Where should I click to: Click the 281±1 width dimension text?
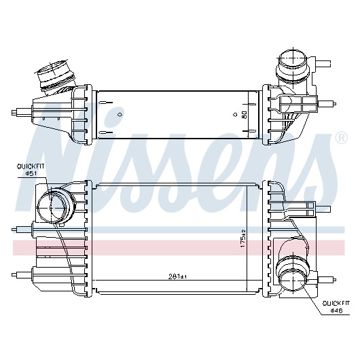[177, 277]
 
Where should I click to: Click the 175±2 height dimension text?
[243, 238]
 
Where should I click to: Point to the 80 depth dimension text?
[244, 115]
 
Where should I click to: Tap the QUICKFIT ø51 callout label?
[31, 170]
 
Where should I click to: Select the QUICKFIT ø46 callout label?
[336, 307]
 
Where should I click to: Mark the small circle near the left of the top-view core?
[120, 114]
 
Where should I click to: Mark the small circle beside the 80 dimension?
[235, 114]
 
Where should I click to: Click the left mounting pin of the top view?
[22, 113]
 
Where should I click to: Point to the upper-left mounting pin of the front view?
[22, 229]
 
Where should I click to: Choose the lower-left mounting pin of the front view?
[22, 274]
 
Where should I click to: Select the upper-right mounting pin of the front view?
[323, 209]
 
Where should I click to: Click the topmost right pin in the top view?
[324, 62]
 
